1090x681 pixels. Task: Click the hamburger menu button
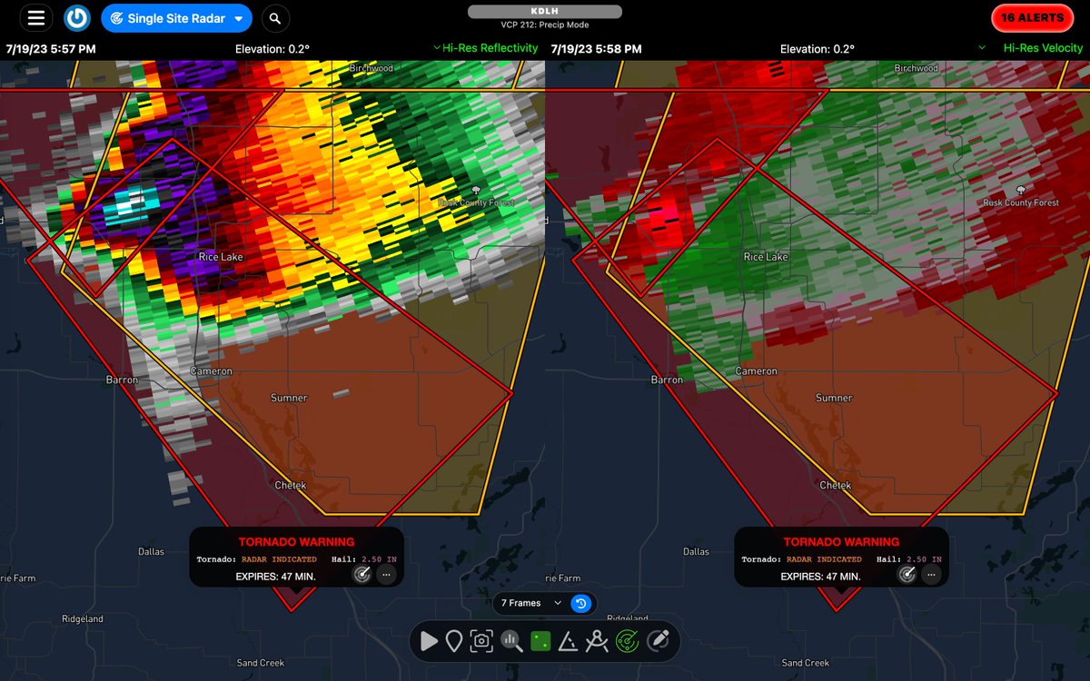coord(35,18)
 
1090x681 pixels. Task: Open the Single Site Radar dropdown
coord(176,18)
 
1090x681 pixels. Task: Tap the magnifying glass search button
coord(275,18)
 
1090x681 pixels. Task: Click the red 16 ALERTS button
coord(1031,18)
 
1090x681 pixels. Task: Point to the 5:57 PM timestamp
coord(51,48)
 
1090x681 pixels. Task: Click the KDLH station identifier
coord(544,11)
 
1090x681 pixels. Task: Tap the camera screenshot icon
coord(481,641)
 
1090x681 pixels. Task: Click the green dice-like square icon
coord(540,641)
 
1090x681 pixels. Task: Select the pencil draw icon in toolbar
coord(659,641)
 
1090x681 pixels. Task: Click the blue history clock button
coord(581,603)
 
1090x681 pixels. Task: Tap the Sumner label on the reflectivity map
coord(289,398)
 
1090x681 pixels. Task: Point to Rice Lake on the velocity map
coord(766,257)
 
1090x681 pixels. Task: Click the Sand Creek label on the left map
coord(261,663)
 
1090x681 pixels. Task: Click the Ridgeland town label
coord(82,619)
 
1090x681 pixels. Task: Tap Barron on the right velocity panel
coord(667,380)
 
